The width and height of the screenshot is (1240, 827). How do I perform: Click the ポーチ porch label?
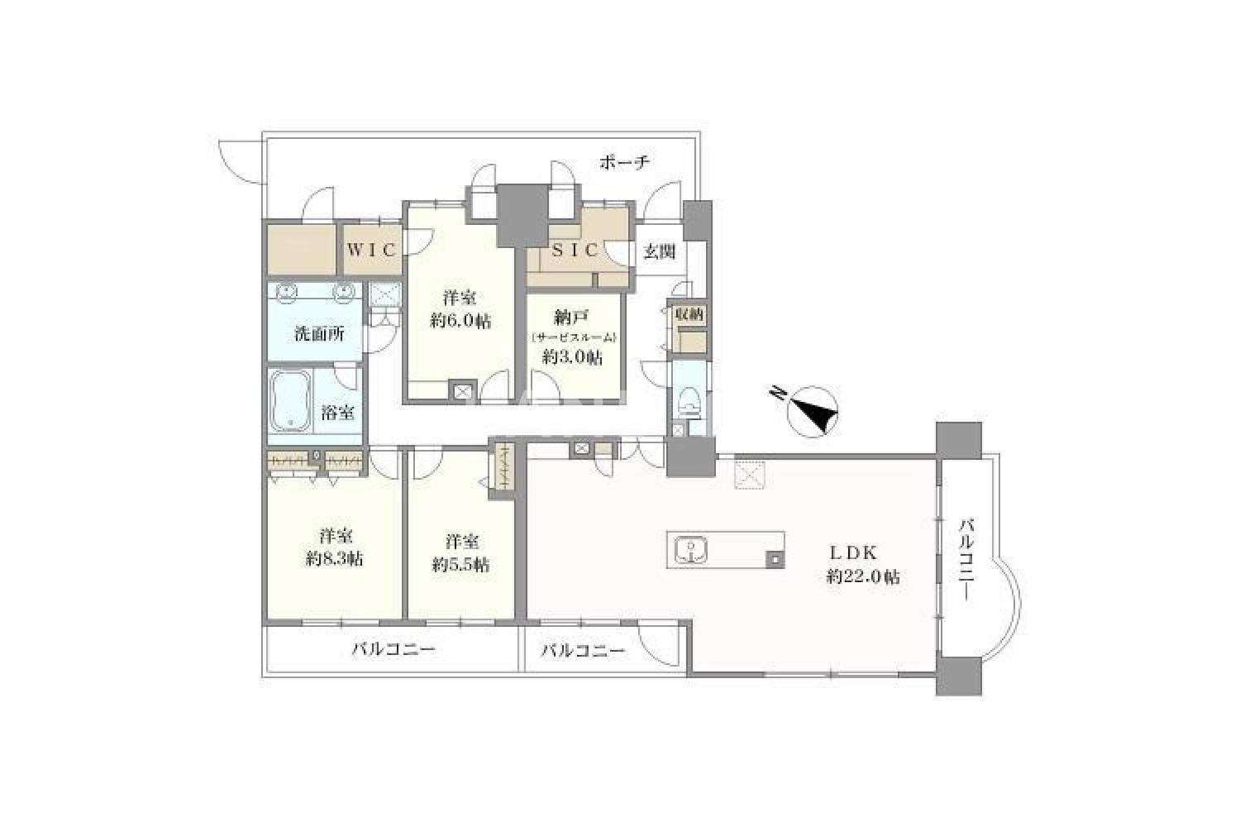[624, 162]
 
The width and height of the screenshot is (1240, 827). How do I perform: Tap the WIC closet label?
[372, 250]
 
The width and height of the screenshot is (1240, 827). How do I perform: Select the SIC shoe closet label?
[575, 251]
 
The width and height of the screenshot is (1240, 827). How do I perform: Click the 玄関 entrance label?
[660, 252]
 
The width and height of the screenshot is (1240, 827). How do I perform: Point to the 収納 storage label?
[689, 315]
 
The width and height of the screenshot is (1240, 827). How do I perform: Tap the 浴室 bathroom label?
[337, 413]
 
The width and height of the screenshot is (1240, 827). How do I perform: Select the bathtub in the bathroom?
[290, 400]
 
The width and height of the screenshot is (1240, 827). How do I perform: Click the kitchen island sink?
[691, 551]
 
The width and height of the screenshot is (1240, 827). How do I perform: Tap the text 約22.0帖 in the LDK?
[863, 578]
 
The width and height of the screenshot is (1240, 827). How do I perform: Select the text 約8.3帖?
[334, 559]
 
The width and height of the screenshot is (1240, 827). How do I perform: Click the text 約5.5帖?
[460, 565]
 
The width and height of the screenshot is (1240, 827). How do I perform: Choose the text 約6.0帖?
[460, 321]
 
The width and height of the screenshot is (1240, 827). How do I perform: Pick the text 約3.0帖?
[572, 357]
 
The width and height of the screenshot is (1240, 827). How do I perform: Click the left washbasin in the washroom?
[287, 293]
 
